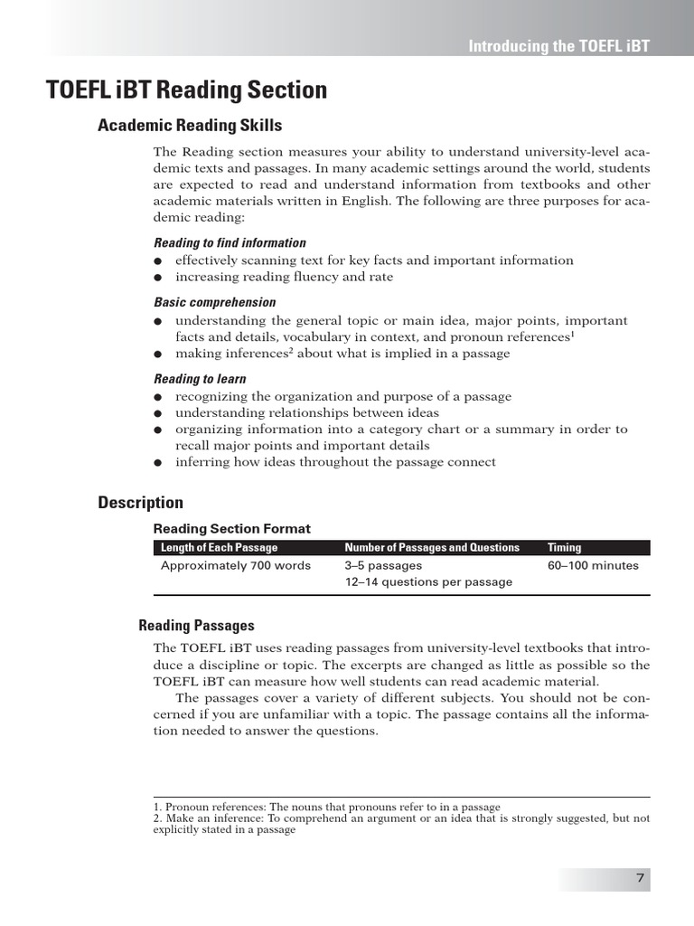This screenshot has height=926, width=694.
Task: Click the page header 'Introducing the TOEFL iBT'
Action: (x=558, y=46)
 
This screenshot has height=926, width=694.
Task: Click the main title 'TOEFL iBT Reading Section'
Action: (x=187, y=90)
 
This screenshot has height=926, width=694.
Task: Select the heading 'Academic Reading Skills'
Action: (x=190, y=126)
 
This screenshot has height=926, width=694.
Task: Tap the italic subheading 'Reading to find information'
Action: (x=230, y=242)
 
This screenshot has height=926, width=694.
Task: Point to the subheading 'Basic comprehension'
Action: (x=214, y=302)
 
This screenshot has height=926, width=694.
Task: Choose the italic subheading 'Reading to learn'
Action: (x=200, y=379)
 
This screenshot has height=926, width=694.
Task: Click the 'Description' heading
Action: (x=140, y=503)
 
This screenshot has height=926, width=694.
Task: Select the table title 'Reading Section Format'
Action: (x=231, y=529)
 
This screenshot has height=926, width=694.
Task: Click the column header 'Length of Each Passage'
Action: (x=220, y=547)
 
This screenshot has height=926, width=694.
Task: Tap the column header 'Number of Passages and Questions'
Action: (x=432, y=547)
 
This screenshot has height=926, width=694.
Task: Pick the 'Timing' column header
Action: (x=565, y=547)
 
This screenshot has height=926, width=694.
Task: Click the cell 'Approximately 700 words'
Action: (x=236, y=566)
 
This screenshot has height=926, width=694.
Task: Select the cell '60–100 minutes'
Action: (x=593, y=566)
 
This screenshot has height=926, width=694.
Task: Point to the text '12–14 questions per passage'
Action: (x=428, y=582)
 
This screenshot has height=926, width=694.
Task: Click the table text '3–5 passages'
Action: (x=383, y=566)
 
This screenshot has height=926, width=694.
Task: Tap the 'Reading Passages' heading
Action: (x=196, y=626)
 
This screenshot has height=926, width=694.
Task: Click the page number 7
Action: (x=640, y=878)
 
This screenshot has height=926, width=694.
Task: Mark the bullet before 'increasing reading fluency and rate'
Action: (x=157, y=278)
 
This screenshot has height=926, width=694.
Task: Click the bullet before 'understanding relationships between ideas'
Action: (x=157, y=413)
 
